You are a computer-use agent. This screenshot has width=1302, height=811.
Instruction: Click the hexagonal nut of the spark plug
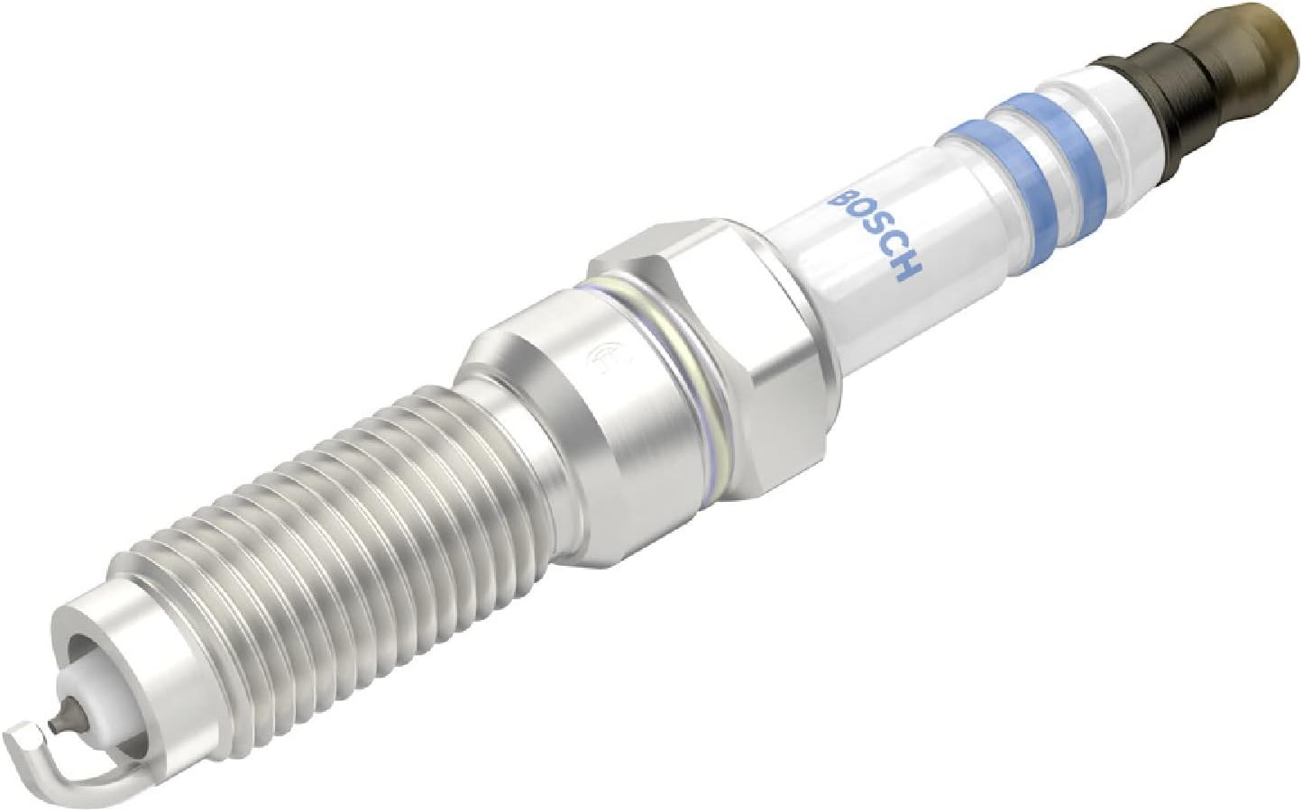(x=712, y=324)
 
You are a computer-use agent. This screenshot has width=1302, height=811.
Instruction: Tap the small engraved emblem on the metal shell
(x=598, y=358)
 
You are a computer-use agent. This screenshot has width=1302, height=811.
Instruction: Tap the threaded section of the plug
(x=298, y=523)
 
